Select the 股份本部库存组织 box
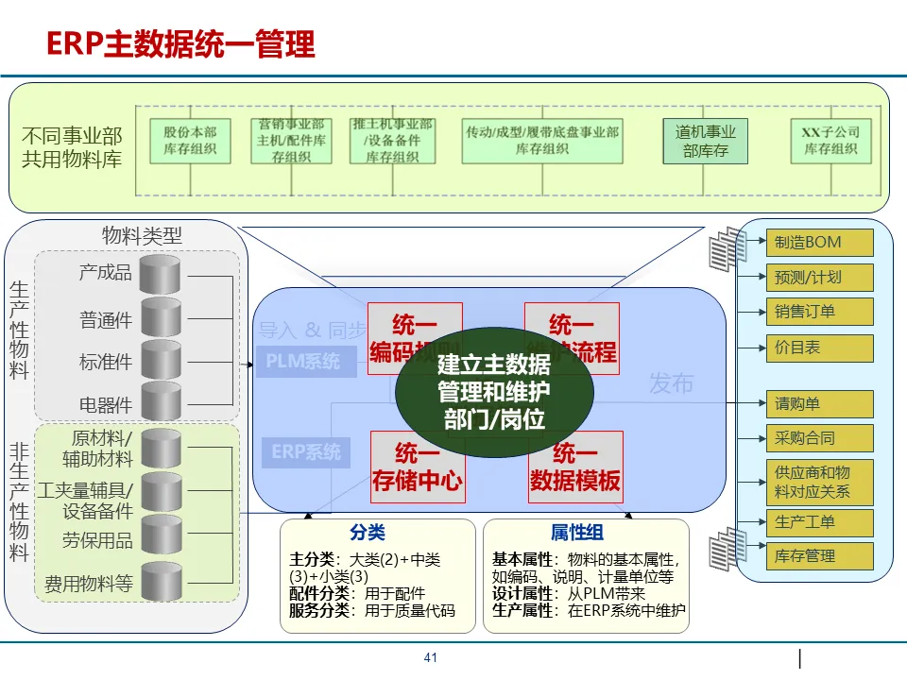tap(190, 141)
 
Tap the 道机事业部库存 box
tap(705, 141)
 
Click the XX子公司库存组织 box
tap(830, 141)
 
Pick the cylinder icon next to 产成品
tap(160, 274)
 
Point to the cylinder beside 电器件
tap(160, 401)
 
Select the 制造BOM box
tap(818, 243)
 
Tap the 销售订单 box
tap(818, 313)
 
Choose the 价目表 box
tap(818, 348)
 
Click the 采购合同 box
tap(818, 438)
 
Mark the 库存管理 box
tap(818, 555)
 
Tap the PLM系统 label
tap(302, 362)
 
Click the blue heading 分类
tap(367, 534)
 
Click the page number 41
tap(431, 658)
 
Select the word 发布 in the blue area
tap(672, 382)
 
